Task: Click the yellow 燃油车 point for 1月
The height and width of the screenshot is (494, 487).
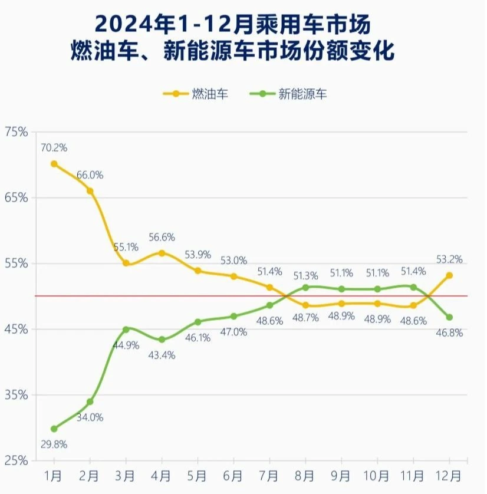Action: tap(54, 164)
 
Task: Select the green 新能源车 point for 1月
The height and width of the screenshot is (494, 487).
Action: tap(54, 429)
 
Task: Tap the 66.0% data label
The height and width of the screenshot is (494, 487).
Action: tap(90, 175)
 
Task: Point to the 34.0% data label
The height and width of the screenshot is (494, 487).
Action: tap(90, 417)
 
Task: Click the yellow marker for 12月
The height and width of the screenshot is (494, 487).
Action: tap(449, 275)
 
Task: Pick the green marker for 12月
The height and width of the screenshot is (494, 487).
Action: tap(449, 317)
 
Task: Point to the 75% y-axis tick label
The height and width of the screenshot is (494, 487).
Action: tap(17, 132)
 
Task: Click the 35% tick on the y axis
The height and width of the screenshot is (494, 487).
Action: tap(17, 394)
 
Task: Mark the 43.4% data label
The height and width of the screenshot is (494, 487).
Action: tap(162, 355)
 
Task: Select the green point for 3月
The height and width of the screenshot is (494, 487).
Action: tap(126, 329)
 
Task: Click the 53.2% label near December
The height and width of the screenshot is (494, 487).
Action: tap(449, 259)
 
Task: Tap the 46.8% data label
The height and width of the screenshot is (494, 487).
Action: tap(449, 333)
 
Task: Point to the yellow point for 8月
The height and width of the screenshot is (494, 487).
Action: tap(305, 305)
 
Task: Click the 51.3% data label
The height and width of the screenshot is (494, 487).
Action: tap(305, 275)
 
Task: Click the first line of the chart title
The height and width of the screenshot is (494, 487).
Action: tap(233, 25)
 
